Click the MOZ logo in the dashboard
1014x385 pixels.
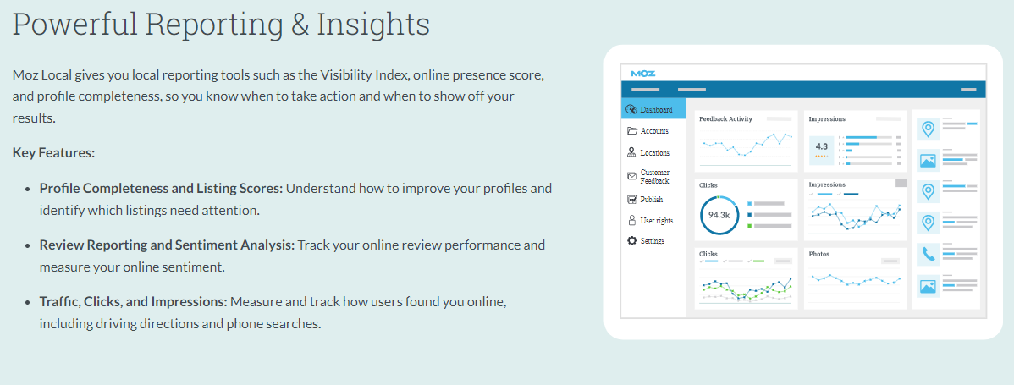coord(642,74)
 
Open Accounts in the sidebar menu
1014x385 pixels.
coord(653,131)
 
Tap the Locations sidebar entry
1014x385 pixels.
coord(654,153)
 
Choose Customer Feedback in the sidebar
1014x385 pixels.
coord(654,176)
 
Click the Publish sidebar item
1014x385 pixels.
coord(651,200)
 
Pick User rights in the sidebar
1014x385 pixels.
coord(656,220)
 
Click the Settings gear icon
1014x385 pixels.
coord(631,241)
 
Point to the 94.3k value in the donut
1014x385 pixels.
coord(719,214)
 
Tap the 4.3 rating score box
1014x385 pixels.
coord(821,149)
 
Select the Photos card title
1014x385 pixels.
coord(818,254)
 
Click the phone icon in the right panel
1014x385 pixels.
coord(929,254)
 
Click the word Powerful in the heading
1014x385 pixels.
coord(74,25)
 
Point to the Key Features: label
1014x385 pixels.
coord(53,153)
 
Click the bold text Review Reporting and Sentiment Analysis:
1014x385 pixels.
coord(167,245)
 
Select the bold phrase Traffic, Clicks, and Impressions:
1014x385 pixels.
coord(133,302)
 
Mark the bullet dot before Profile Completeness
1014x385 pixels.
coord(27,190)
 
